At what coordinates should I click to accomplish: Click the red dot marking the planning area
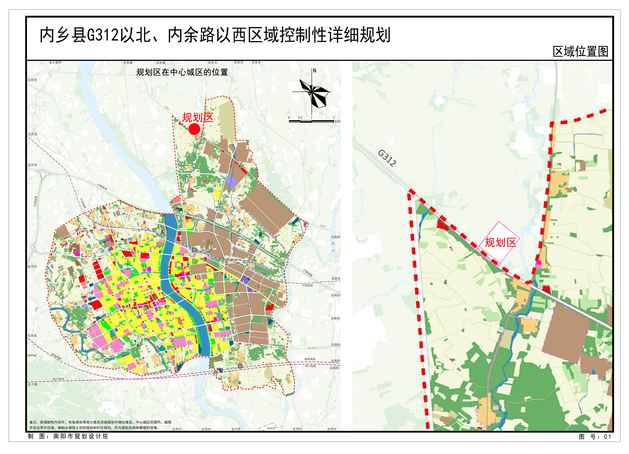point(194,129)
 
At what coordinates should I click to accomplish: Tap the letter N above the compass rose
point(314,71)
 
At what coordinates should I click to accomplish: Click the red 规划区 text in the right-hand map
point(500,242)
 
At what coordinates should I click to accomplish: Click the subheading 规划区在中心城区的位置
point(182,72)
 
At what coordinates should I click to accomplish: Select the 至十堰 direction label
point(33,384)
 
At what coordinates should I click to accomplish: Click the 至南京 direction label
point(336,278)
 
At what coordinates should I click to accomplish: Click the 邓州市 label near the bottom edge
point(271,428)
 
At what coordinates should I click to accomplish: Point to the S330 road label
point(312,348)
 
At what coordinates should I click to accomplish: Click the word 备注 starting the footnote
point(33,422)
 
